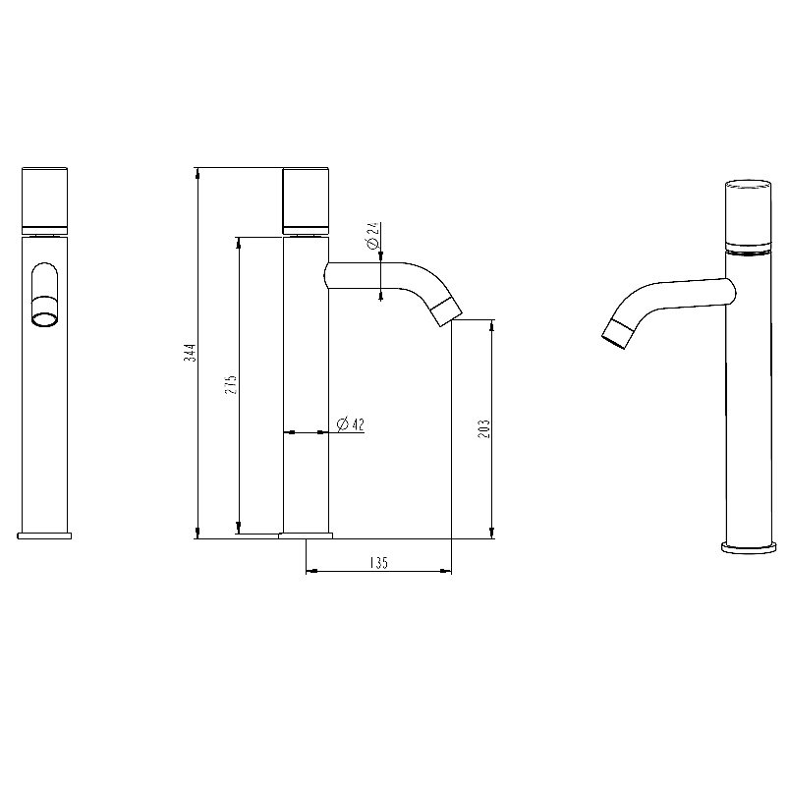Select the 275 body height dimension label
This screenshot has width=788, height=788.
pos(233,384)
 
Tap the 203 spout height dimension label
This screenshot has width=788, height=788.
pos(484,428)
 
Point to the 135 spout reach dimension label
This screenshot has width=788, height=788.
pos(378,562)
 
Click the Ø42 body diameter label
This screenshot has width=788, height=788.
pos(351,424)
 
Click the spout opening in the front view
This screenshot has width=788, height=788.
pos(45,318)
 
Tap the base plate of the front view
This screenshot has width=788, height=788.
pos(45,535)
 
